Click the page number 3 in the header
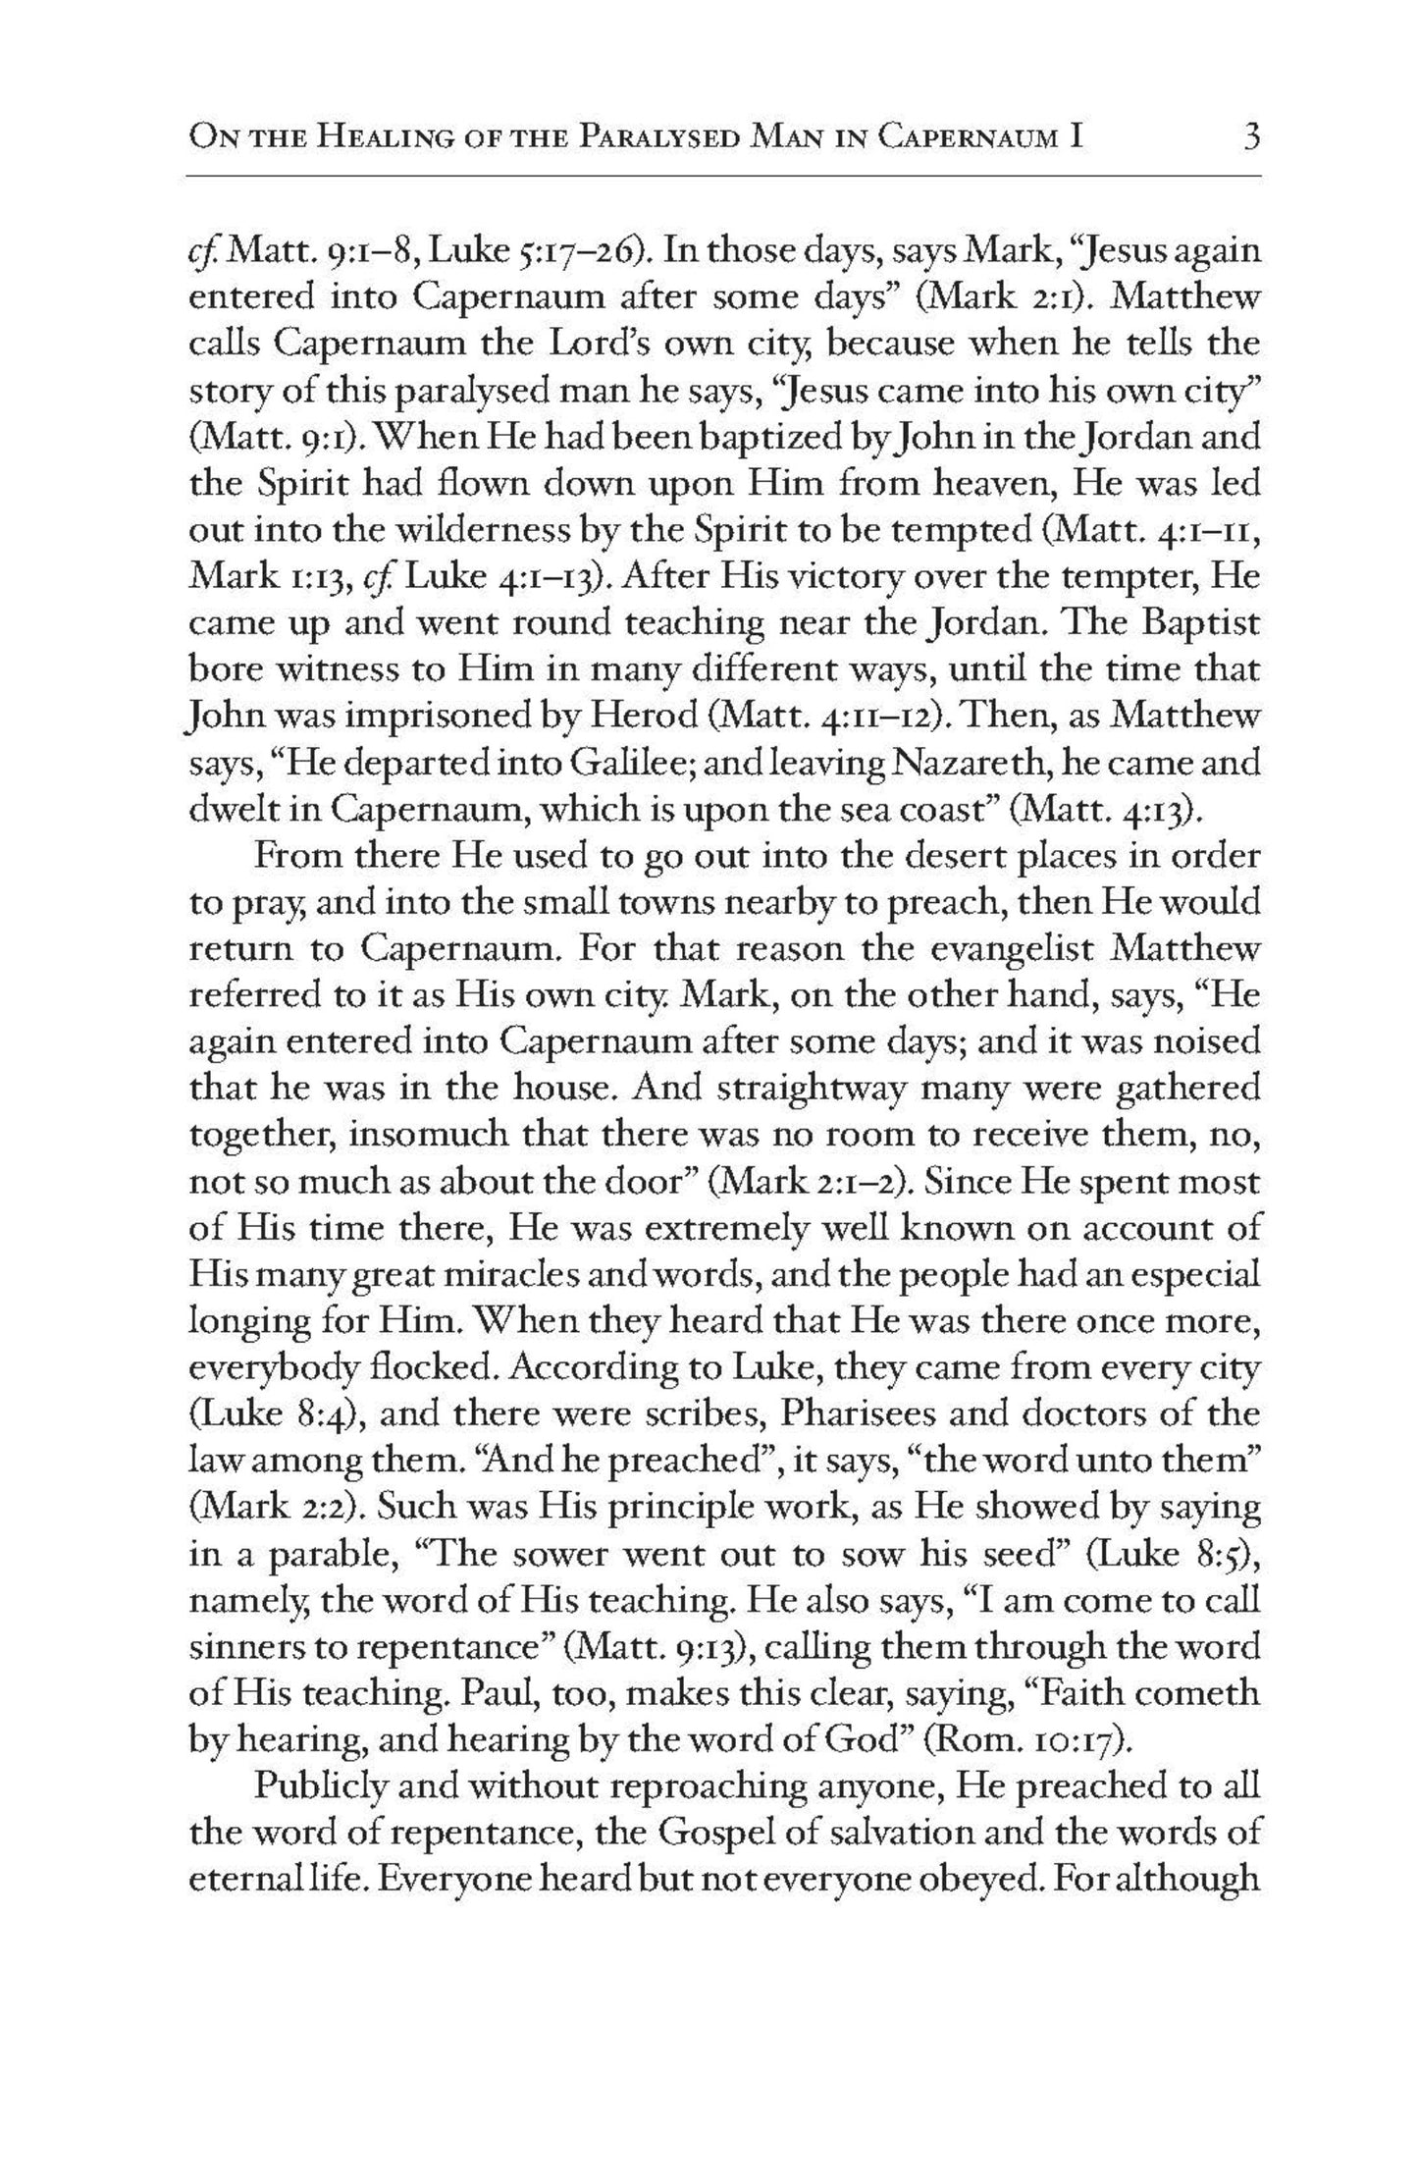pyautogui.click(x=1250, y=135)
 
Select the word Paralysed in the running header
pyautogui.click(x=661, y=136)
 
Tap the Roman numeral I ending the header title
pyautogui.click(x=1077, y=136)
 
